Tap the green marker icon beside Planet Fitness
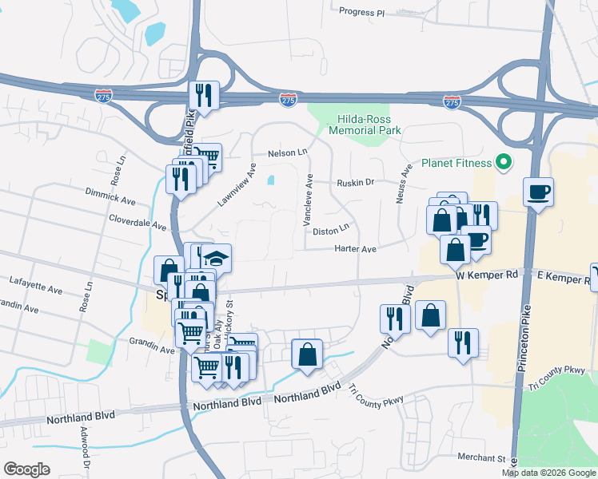click(x=504, y=164)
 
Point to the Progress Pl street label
click(x=362, y=13)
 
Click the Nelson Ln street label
click(x=287, y=152)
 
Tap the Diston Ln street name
click(x=332, y=232)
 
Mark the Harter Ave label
click(x=356, y=249)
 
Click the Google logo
click(x=26, y=469)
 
